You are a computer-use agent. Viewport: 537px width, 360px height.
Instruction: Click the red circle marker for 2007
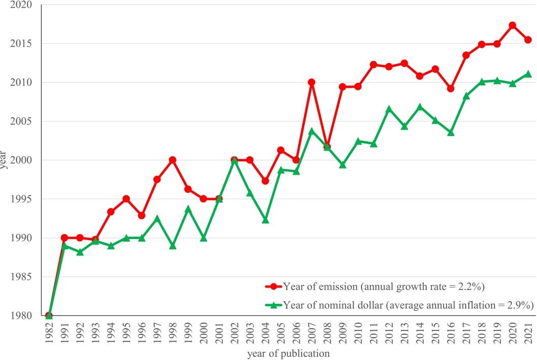coord(311,82)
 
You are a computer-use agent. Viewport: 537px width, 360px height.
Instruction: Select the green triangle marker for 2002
coord(235,160)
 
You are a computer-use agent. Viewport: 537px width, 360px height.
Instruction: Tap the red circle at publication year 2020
coord(513,25)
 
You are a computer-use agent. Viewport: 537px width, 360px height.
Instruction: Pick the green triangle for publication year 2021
coord(528,74)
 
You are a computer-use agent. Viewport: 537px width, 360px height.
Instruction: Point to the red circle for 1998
coord(173,160)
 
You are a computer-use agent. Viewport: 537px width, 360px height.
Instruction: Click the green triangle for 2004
coord(265,220)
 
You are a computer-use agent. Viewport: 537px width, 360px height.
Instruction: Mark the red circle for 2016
coord(451,88)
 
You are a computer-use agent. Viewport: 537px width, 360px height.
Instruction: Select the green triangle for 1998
coord(173,246)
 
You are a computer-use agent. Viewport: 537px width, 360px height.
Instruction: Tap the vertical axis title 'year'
coord(5,160)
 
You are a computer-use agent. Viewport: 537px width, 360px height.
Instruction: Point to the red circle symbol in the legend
coord(273,286)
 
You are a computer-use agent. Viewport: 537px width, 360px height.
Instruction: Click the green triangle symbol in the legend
coord(273,305)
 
